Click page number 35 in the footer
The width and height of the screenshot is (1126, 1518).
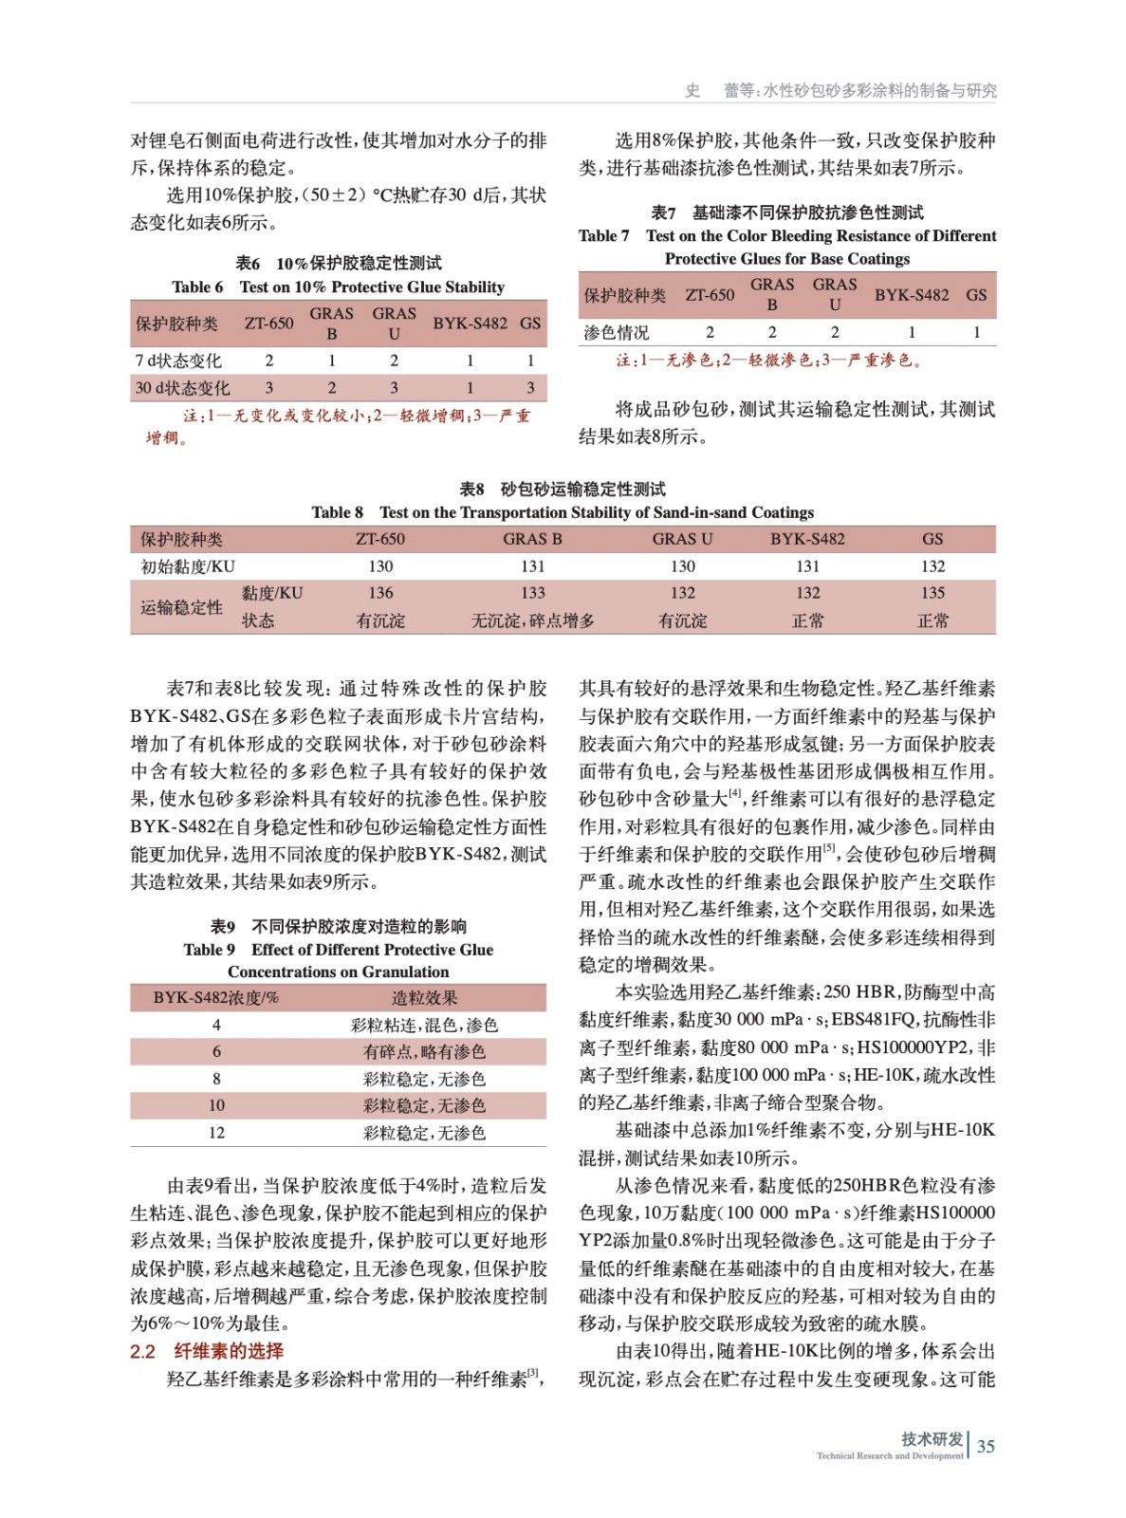pyautogui.click(x=986, y=1446)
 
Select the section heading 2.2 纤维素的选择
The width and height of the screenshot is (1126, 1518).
pyautogui.click(x=207, y=1350)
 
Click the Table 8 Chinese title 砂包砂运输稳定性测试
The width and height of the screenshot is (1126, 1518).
pyautogui.click(x=582, y=489)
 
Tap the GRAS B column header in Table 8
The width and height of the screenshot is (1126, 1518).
pyautogui.click(x=532, y=539)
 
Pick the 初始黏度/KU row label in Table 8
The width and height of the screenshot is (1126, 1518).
pyautogui.click(x=188, y=566)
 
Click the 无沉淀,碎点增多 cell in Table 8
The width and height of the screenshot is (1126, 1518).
pyautogui.click(x=532, y=620)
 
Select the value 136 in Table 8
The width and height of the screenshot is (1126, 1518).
pyautogui.click(x=380, y=593)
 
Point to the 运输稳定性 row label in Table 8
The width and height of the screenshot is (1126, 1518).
pyautogui.click(x=181, y=607)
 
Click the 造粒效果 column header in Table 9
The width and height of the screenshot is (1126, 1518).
pyautogui.click(x=424, y=997)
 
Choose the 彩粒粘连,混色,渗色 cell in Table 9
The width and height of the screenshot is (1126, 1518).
pyautogui.click(x=424, y=1025)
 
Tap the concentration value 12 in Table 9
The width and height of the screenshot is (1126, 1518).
pyautogui.click(x=216, y=1133)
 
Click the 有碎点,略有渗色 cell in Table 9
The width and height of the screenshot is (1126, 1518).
pyautogui.click(x=424, y=1051)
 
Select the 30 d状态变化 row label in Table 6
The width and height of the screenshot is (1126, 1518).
pyautogui.click(x=182, y=388)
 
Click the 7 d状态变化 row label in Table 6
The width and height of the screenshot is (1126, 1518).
pyautogui.click(x=177, y=361)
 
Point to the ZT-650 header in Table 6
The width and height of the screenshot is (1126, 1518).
pyautogui.click(x=268, y=324)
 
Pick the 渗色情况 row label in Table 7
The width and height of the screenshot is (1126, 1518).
pyautogui.click(x=617, y=332)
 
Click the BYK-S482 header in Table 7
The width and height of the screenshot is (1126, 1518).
pyautogui.click(x=911, y=295)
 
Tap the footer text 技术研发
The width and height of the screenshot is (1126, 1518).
pyautogui.click(x=932, y=1438)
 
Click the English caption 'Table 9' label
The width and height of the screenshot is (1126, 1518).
pyautogui.click(x=209, y=950)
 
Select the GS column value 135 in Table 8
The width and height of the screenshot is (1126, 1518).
pyautogui.click(x=932, y=593)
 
